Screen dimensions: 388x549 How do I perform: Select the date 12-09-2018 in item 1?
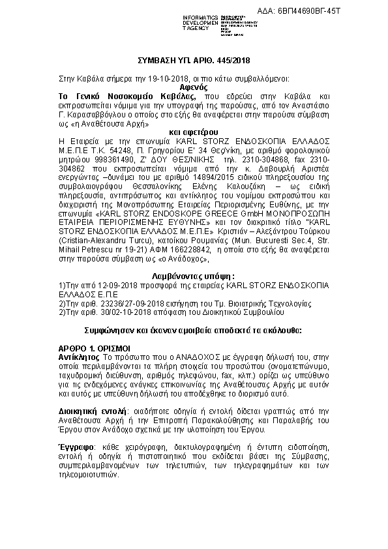[x=108, y=286]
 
